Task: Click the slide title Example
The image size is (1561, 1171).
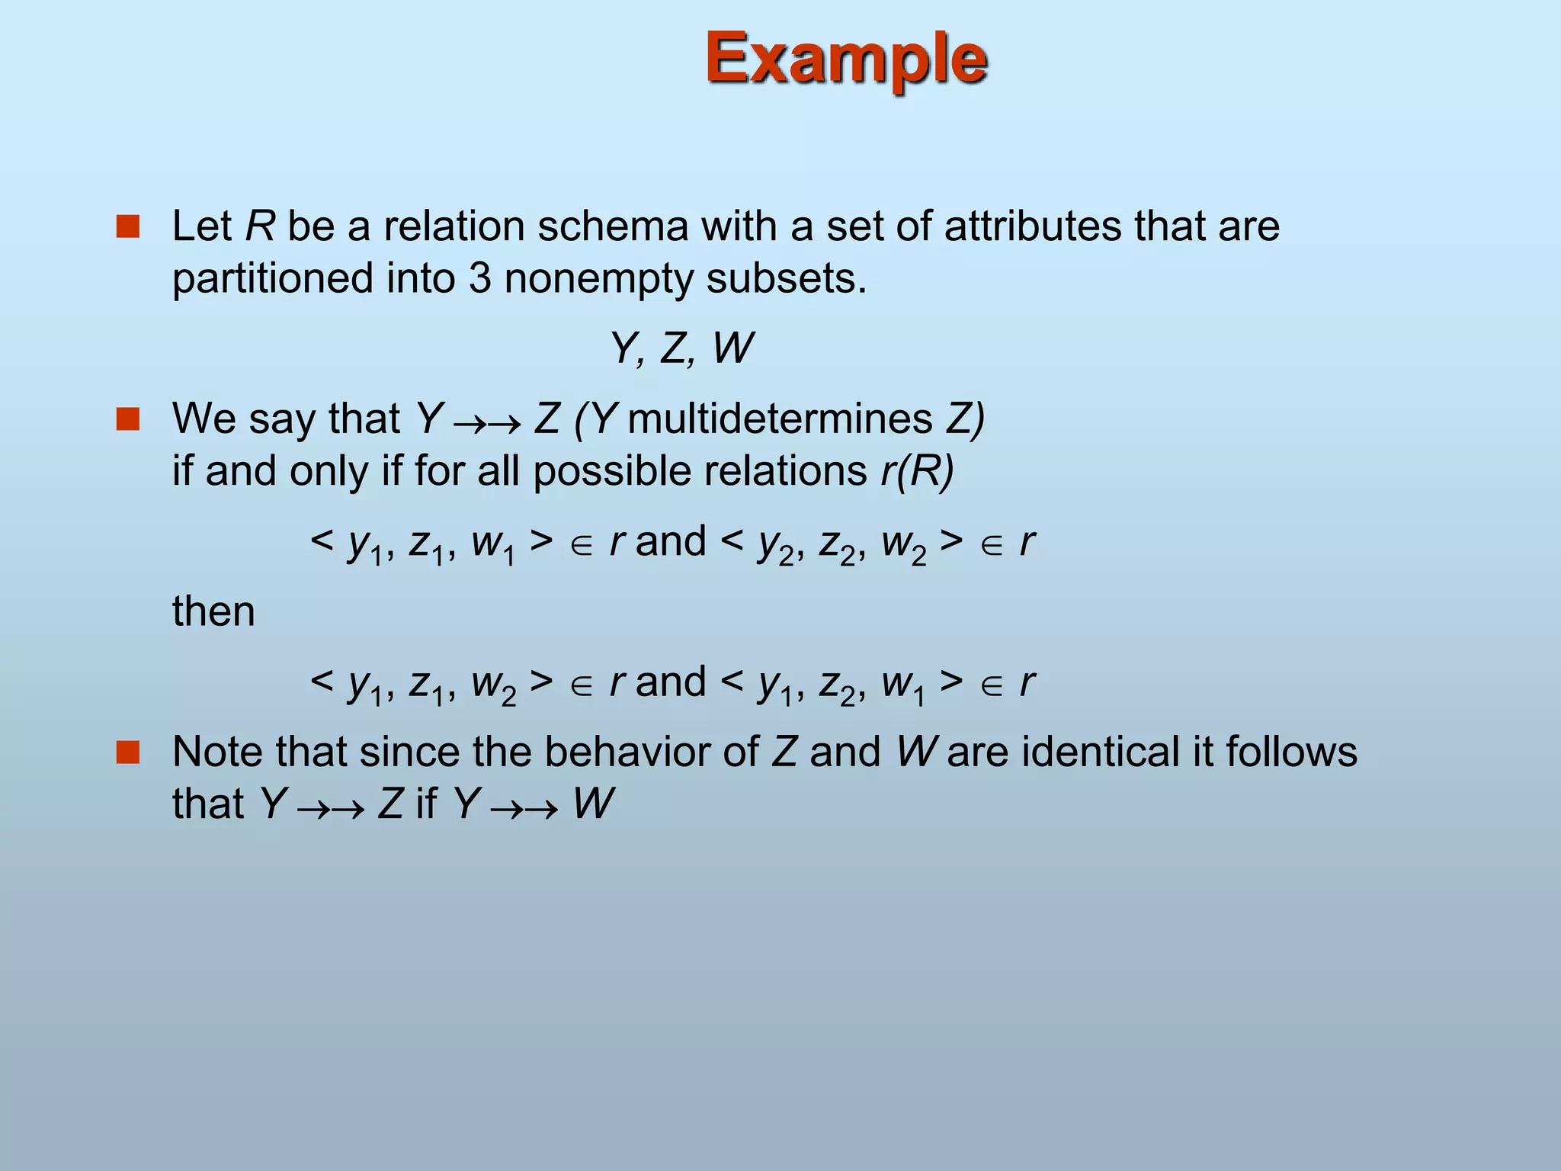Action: tap(846, 59)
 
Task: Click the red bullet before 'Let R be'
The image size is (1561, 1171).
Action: tap(128, 227)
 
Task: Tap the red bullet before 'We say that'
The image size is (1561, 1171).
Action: tap(128, 419)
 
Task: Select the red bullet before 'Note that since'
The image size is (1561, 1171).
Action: tap(128, 752)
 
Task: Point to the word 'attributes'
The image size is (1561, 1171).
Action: tap(1032, 226)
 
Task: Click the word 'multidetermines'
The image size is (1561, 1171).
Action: tap(780, 419)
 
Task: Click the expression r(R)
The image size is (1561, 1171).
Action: tap(917, 471)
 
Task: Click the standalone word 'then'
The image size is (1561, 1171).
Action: tap(213, 611)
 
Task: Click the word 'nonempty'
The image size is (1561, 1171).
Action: tap(598, 280)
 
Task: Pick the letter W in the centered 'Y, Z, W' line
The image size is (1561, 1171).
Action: tap(732, 349)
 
